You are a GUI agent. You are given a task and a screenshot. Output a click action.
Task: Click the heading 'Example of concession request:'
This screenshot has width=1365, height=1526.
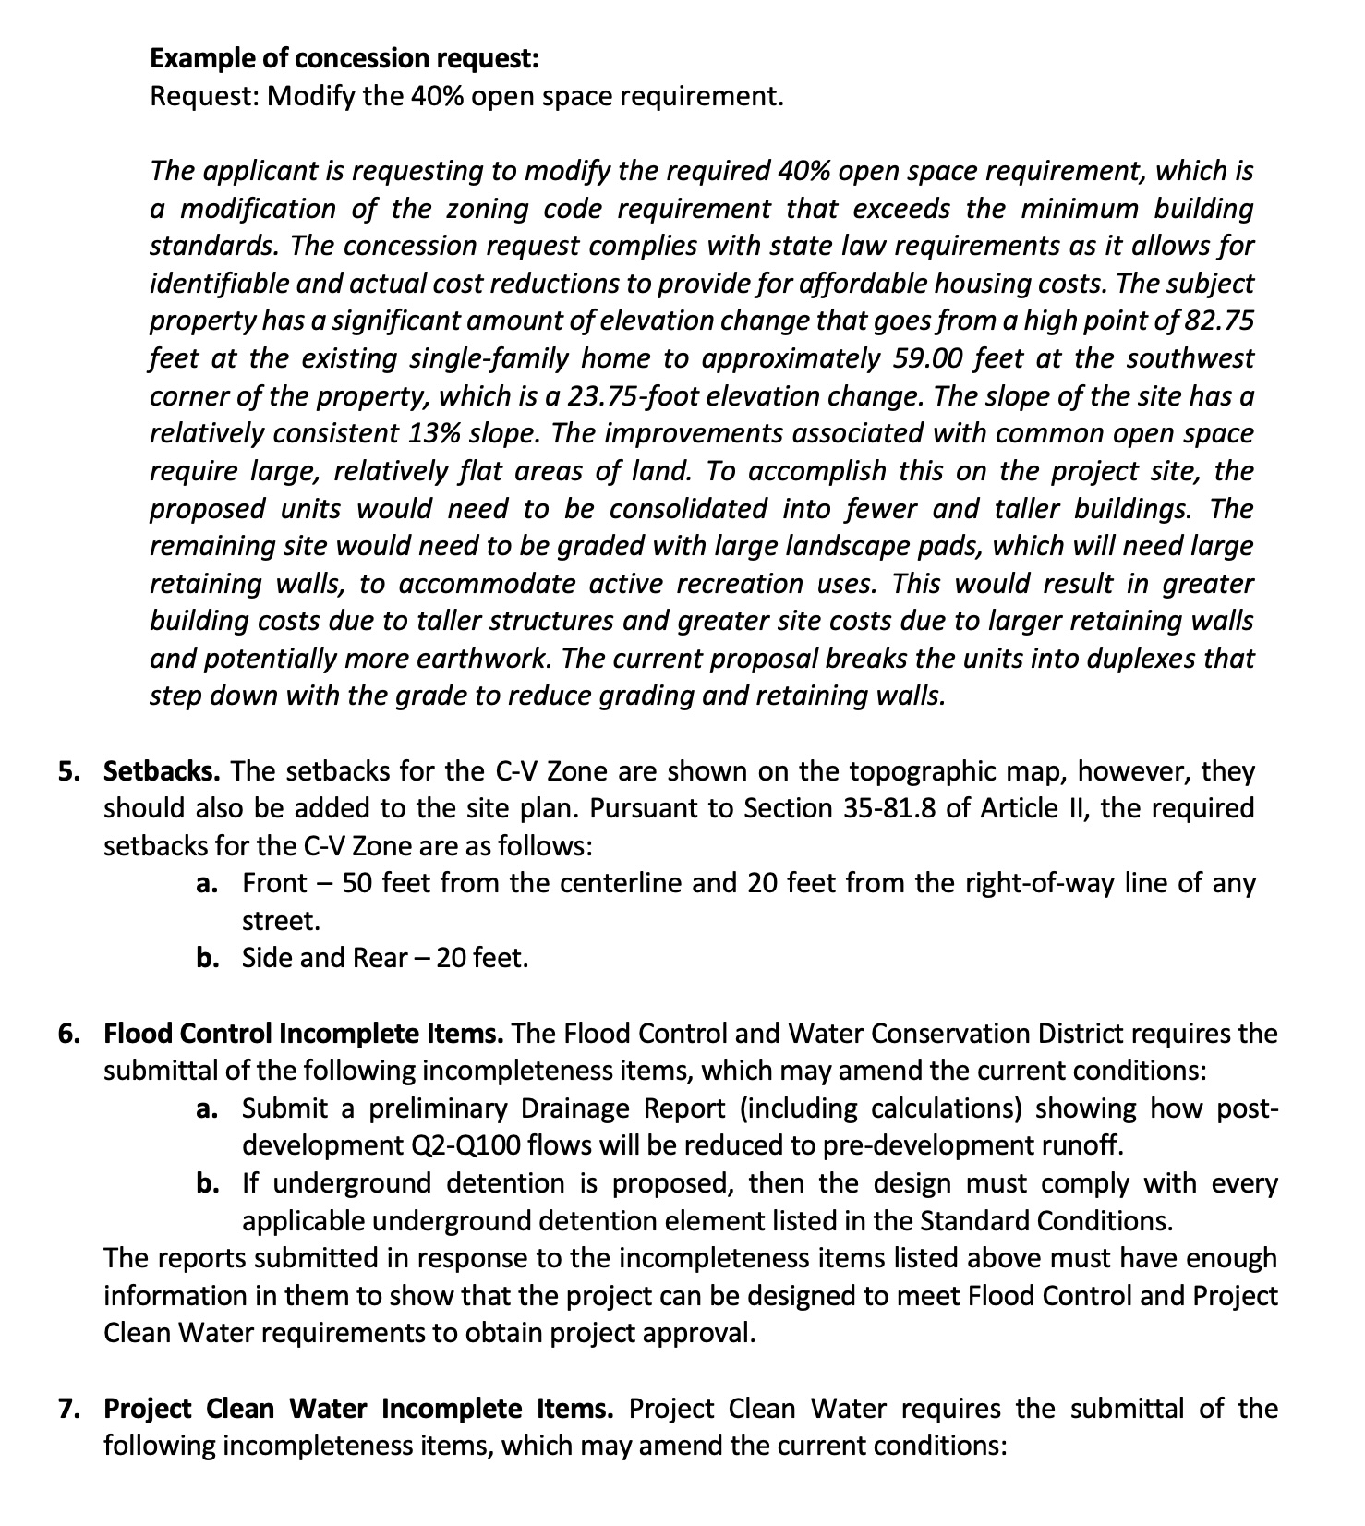(x=344, y=58)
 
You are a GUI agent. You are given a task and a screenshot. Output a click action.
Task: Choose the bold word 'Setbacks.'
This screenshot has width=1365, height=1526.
(x=163, y=771)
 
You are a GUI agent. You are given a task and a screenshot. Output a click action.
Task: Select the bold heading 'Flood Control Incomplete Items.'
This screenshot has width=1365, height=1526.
(x=304, y=1034)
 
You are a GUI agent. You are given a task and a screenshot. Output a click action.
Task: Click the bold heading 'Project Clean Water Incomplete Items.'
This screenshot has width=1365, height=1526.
(x=358, y=1410)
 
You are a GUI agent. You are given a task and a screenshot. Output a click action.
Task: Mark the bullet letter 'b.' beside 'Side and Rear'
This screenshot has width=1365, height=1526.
(x=208, y=958)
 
